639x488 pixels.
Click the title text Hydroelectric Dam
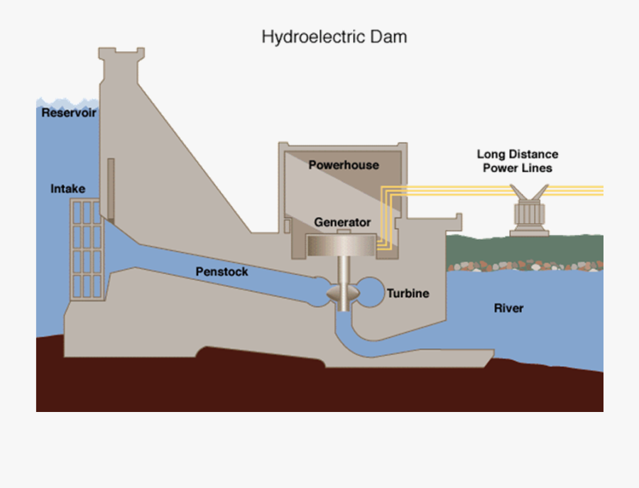point(334,37)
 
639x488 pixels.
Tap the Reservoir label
point(68,113)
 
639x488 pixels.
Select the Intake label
point(68,189)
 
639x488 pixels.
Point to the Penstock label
point(222,272)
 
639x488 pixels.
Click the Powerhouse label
point(344,165)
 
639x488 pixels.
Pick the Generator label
point(342,222)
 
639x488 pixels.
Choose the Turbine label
point(408,293)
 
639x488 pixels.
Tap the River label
point(508,308)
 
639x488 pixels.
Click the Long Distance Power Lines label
point(517,161)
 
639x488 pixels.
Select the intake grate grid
point(87,248)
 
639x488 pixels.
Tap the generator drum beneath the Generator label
point(343,246)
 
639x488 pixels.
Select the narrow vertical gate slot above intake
point(111,188)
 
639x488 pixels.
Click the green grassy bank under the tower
point(525,248)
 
